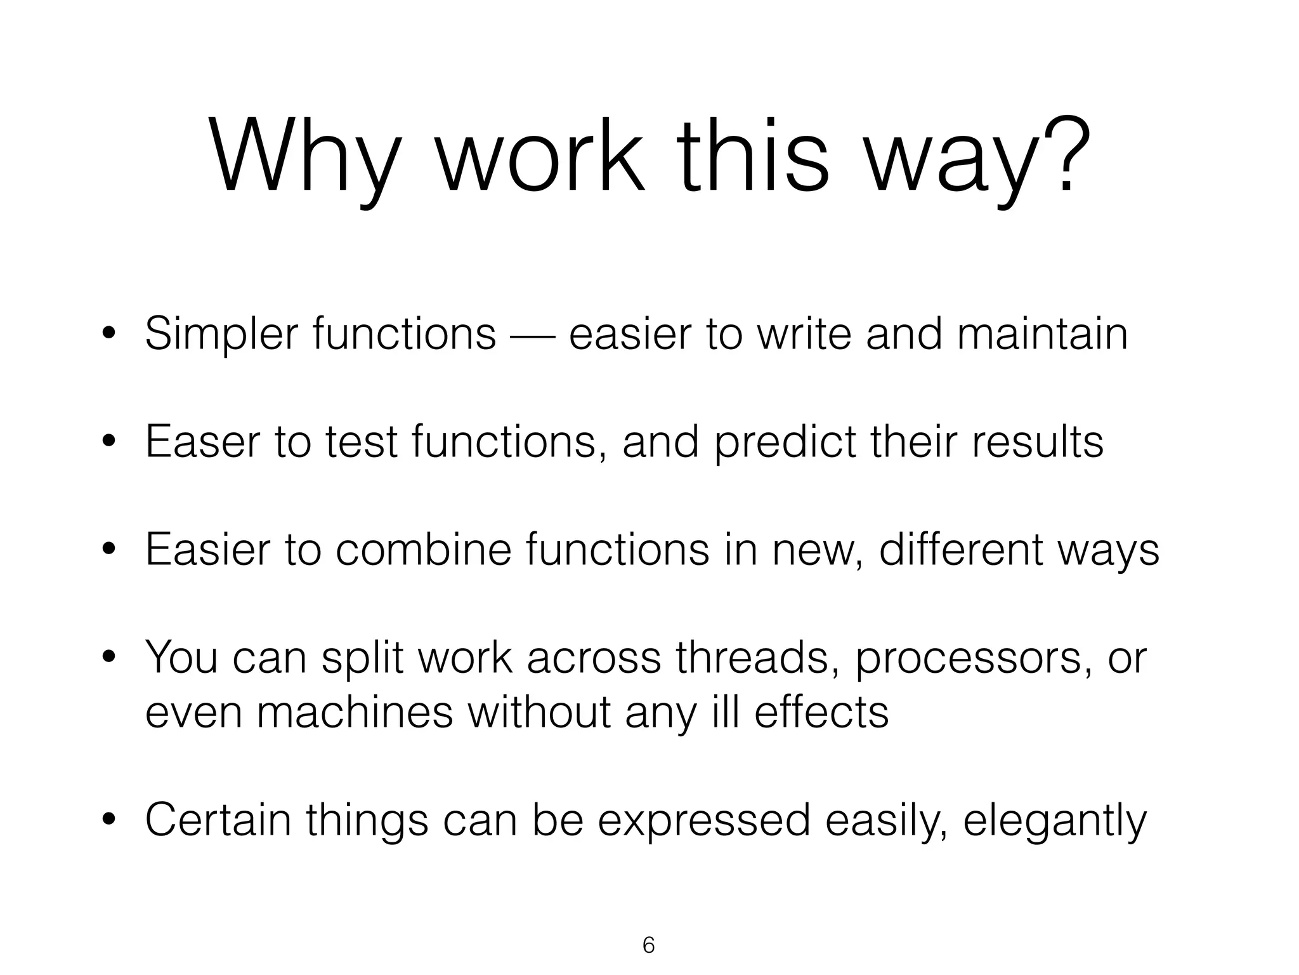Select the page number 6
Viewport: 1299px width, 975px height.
pos(648,945)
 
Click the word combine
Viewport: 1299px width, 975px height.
pos(423,550)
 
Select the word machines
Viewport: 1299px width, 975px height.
pos(355,712)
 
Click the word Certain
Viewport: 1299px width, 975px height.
pos(218,820)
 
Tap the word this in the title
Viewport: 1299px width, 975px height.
pos(752,156)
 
